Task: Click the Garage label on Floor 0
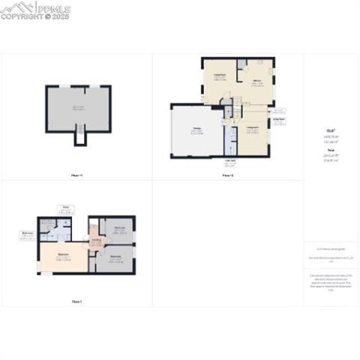[196, 130]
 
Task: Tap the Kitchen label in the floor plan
[256, 81]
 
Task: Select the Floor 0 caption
[228, 175]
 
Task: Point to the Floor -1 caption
[76, 175]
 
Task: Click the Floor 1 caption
[76, 301]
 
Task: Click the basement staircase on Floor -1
[79, 137]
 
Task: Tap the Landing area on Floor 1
[97, 241]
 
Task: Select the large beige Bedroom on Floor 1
[64, 256]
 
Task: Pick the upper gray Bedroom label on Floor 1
[118, 229]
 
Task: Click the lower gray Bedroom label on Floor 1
[116, 257]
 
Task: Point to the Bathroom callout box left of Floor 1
[28, 235]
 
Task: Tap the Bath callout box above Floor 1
[65, 208]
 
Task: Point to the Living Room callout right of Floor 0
[279, 119]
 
